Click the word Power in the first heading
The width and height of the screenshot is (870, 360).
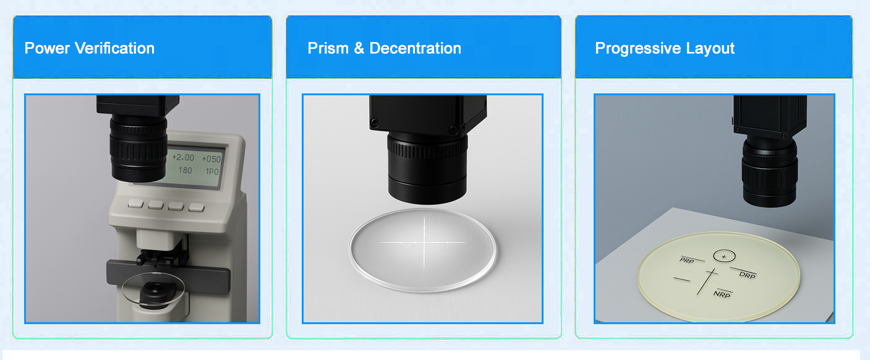(47, 48)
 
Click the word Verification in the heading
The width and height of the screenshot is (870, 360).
(114, 48)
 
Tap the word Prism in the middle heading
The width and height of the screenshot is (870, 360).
(328, 48)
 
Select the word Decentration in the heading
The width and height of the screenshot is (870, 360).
(415, 48)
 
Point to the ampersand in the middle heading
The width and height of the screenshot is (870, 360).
(359, 48)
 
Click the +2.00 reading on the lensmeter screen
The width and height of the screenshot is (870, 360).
(183, 157)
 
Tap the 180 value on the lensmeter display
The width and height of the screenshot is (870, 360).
(186, 170)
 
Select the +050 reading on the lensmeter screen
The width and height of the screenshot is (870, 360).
(211, 159)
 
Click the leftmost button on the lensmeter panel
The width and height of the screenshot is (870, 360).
(135, 203)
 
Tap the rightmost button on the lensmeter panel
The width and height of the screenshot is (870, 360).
(197, 208)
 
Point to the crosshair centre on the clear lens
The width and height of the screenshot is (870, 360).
(424, 242)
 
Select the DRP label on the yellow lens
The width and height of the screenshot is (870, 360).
(748, 275)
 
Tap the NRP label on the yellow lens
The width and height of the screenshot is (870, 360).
(722, 294)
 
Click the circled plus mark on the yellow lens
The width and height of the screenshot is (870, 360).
(724, 256)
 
